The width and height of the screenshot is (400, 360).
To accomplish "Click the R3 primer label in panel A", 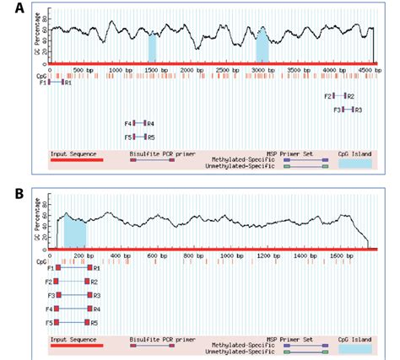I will [359, 110].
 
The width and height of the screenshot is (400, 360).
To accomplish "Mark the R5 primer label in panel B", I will [95, 322].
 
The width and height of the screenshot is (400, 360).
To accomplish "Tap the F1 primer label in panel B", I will [51, 268].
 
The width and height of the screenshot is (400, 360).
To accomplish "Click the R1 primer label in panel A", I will [68, 83].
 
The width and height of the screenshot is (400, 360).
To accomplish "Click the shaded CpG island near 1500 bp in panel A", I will [153, 47].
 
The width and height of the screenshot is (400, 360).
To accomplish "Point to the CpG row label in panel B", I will [41, 261].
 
